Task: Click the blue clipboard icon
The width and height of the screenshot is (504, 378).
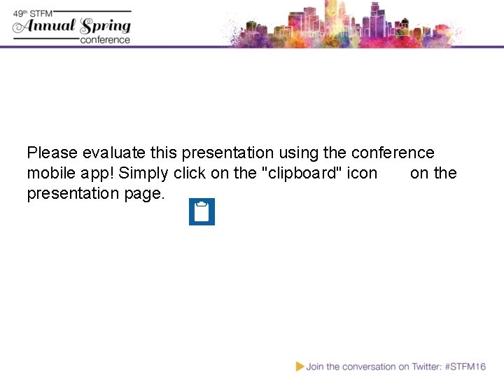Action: (202, 211)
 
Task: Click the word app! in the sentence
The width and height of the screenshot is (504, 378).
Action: (99, 174)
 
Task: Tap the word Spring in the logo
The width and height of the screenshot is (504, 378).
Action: (106, 27)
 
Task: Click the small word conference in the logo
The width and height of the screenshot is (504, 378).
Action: (105, 40)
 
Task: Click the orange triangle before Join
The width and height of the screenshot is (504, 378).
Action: (300, 366)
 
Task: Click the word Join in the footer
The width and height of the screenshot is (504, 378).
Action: (315, 366)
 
